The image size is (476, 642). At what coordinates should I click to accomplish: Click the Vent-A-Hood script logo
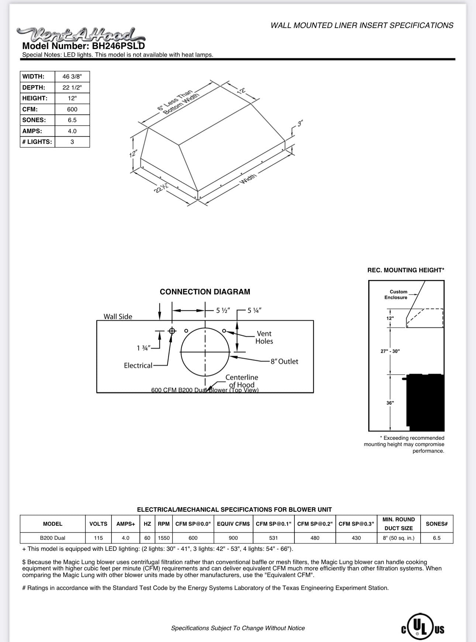tap(81, 35)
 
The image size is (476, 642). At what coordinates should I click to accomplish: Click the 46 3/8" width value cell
tap(72, 77)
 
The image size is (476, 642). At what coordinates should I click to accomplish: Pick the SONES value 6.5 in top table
tap(72, 120)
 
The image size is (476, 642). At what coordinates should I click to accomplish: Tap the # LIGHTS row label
tap(37, 142)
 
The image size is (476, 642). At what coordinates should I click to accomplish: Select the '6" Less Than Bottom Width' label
tap(178, 102)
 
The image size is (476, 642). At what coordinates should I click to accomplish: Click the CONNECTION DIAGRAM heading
tap(205, 292)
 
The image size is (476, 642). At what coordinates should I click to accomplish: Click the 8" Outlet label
tap(284, 362)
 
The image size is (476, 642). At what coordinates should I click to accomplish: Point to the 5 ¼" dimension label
tap(255, 311)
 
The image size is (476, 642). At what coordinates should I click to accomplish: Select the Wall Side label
tap(118, 317)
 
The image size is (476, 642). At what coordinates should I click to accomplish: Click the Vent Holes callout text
tap(264, 338)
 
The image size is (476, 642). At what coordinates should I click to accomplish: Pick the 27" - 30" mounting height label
tap(390, 351)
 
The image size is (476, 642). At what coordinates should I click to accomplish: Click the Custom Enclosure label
tap(397, 294)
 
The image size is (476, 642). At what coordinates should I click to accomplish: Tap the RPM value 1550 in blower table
tap(163, 538)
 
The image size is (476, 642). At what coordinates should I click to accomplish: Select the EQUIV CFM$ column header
tap(233, 524)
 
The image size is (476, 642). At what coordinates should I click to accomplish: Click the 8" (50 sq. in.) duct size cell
tap(399, 538)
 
